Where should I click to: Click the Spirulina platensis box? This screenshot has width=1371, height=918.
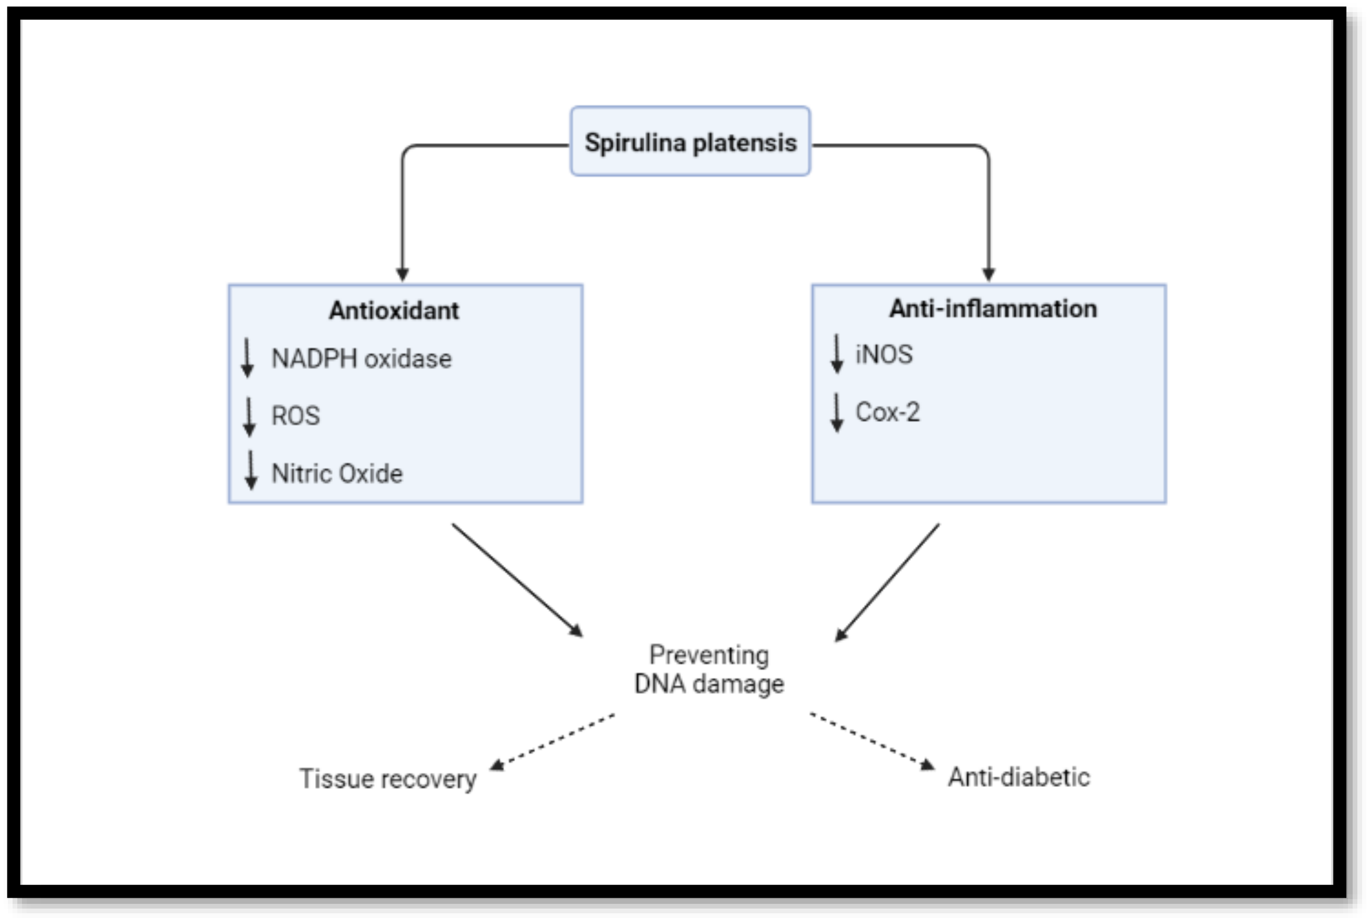(690, 141)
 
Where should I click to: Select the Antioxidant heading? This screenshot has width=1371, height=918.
(394, 310)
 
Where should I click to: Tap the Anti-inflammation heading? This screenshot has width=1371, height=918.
(992, 309)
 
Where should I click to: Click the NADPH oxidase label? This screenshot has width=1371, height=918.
(361, 358)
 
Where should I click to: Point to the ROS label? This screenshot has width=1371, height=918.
(296, 416)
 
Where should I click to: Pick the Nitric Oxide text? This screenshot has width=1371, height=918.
(337, 473)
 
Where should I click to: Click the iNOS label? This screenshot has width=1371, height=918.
(884, 354)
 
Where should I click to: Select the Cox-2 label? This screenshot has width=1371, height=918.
(887, 411)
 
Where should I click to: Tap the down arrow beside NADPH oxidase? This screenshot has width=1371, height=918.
(247, 358)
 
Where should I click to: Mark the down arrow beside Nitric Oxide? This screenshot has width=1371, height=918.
(251, 470)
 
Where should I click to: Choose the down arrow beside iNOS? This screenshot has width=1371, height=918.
(837, 354)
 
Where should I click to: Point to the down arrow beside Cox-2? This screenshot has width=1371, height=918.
(837, 413)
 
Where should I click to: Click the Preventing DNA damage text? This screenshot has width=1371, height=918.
(709, 669)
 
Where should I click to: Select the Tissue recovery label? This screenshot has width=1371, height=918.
(387, 779)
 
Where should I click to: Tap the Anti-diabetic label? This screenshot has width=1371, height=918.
(1019, 777)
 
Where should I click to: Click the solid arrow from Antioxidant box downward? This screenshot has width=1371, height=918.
(517, 580)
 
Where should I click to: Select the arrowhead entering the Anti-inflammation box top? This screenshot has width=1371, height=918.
(989, 274)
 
